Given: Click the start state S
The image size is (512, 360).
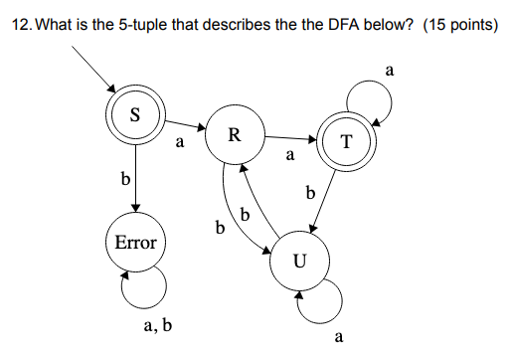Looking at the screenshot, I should point(134,113).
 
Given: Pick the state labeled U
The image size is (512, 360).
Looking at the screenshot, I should point(299,262).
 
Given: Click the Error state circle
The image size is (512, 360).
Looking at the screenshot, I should point(135,241).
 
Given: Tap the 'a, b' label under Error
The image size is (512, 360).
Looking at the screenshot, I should point(157,324).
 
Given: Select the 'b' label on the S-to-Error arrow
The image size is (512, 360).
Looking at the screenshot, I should point(124,181).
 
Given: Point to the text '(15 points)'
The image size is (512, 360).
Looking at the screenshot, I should point(459,25).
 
